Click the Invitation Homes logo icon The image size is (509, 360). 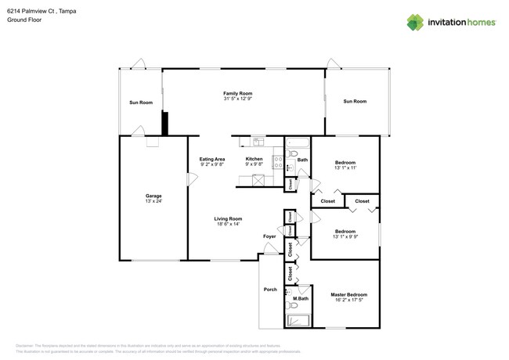pyautogui.click(x=415, y=23)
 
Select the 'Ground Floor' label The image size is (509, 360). pyautogui.click(x=24, y=20)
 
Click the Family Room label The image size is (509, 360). pyautogui.click(x=237, y=94)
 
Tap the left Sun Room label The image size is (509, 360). pyautogui.click(x=141, y=103)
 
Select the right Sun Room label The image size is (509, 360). pyautogui.click(x=355, y=101)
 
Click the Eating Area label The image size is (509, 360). pyautogui.click(x=212, y=160)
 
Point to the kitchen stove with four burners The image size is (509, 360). pyautogui.click(x=277, y=163)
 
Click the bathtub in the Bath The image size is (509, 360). pyautogui.click(x=297, y=143)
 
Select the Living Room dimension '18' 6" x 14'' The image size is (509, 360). pyautogui.click(x=229, y=225)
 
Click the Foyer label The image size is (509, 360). pyautogui.click(x=269, y=236)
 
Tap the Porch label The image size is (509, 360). pyautogui.click(x=270, y=290)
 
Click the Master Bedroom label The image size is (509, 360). pyautogui.click(x=348, y=294)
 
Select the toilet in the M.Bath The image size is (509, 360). pyautogui.click(x=290, y=292)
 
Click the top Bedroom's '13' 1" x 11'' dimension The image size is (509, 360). pyautogui.click(x=345, y=168)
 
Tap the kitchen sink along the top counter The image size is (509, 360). pyautogui.click(x=258, y=142)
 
